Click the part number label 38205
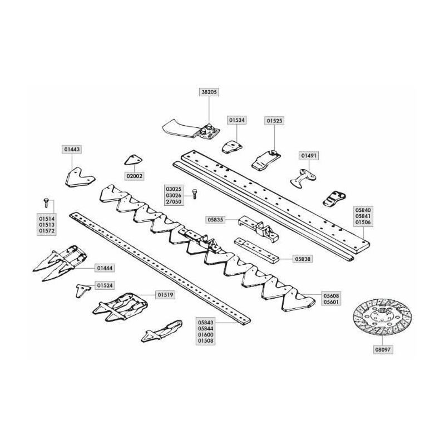coord(209,92)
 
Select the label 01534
coord(237,120)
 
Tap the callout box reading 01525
coord(274,121)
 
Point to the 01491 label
coord(309,156)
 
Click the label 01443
coord(72,149)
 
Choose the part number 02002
coord(135,176)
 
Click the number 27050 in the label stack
coord(174,202)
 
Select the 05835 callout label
coord(215,220)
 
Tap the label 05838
coord(303,259)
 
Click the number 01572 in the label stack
coord(47,231)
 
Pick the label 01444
coord(105,268)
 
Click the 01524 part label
coord(105,285)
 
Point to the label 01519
coord(165,295)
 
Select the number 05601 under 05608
coord(331,302)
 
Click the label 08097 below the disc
coord(383,350)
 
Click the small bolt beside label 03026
coord(195,194)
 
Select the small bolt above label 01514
coord(46,202)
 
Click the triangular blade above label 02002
coord(133,160)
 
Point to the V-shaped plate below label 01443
coord(80,178)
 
